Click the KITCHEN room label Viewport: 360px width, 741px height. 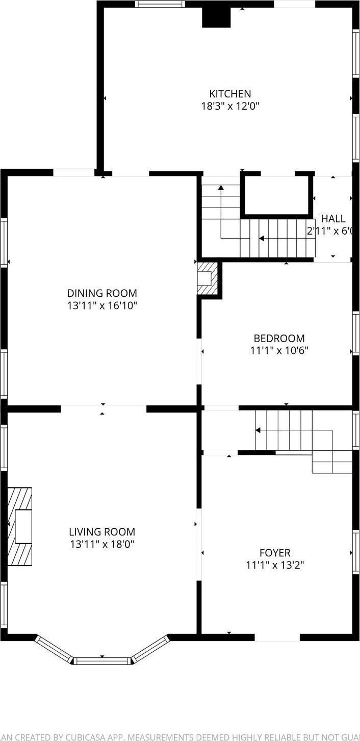230,94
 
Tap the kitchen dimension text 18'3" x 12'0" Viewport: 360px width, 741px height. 230,107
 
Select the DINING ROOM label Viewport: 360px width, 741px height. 102,293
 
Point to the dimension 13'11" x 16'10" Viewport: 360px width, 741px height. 102,306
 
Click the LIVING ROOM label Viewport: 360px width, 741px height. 102,532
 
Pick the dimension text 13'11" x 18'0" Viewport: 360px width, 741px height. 102,544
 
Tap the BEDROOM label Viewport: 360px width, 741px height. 279,338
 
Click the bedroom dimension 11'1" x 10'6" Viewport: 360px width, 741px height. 279,351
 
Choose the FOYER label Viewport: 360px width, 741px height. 275,553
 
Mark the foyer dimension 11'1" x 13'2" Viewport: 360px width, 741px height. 275,565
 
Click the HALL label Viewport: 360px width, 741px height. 332,218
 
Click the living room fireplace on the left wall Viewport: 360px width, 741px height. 20,526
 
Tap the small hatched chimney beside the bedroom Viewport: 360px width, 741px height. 208,278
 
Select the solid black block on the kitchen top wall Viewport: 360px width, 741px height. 217,17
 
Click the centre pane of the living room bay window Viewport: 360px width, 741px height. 102,661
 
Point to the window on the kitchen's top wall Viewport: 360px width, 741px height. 160,4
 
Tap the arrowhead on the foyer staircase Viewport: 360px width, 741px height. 258,430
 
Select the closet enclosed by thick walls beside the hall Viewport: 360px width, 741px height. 276,195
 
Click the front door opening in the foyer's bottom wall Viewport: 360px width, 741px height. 277,637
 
